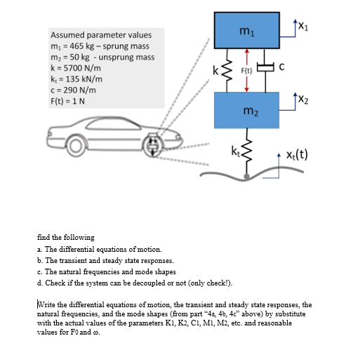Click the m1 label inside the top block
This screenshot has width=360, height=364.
247,32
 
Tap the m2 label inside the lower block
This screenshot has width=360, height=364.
251,111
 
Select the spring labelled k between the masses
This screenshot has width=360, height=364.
227,70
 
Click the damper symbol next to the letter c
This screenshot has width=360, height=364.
265,67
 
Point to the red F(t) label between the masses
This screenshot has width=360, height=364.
246,70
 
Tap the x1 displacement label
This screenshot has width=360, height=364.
303,26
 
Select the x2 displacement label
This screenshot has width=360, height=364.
303,99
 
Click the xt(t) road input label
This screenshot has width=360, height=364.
297,154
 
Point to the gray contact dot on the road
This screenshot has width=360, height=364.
246,176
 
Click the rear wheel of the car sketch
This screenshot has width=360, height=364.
76,146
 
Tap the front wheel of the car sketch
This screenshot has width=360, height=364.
152,145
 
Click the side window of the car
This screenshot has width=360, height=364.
114,124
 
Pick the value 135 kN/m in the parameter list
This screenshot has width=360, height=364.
84,79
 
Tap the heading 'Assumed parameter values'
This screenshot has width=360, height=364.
101,35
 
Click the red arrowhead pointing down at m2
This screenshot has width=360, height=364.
246,90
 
